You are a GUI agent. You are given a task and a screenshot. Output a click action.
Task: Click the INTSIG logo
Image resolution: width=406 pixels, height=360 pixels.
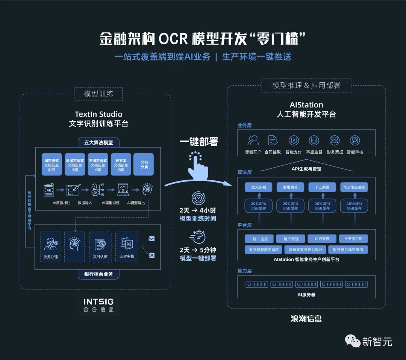[x=98, y=305]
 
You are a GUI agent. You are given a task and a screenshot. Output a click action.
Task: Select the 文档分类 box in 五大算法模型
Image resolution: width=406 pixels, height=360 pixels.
[x=144, y=164]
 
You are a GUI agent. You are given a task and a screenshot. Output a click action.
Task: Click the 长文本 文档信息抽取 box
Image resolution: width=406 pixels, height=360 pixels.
[x=121, y=164]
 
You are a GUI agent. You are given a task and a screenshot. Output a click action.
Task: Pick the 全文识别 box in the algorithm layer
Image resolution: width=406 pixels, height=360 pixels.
[x=258, y=187]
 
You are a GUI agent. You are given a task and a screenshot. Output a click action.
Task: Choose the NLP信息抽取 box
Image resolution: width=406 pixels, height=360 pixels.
[x=354, y=187]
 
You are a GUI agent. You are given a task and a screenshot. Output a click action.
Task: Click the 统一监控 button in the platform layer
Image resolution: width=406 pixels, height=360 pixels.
[x=258, y=239]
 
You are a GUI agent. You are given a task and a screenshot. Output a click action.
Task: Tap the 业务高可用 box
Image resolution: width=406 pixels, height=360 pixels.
[x=353, y=239]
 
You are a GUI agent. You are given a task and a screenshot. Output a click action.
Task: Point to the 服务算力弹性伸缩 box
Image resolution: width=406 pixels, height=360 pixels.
[x=348, y=250]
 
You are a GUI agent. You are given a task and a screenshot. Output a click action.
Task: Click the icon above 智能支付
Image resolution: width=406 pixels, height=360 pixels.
[x=294, y=141]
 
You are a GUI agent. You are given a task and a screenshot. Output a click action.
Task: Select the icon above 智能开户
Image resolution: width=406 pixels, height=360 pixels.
[x=253, y=141]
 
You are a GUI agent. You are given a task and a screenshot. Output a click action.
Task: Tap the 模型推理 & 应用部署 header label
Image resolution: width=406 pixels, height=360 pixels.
[x=306, y=85]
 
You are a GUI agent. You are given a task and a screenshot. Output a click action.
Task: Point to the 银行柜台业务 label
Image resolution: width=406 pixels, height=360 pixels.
[x=98, y=274]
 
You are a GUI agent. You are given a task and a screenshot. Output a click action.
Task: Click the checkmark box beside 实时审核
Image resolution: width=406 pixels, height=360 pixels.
[x=152, y=239]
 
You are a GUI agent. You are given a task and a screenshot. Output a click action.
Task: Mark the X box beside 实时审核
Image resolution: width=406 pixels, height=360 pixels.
[x=152, y=256]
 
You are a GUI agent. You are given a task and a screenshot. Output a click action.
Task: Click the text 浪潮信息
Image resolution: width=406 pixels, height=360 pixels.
[x=306, y=319]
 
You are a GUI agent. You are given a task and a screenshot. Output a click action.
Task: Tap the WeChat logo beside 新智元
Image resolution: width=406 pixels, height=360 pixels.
[x=353, y=341]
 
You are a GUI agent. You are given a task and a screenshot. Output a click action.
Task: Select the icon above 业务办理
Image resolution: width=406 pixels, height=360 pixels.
[x=50, y=244]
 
